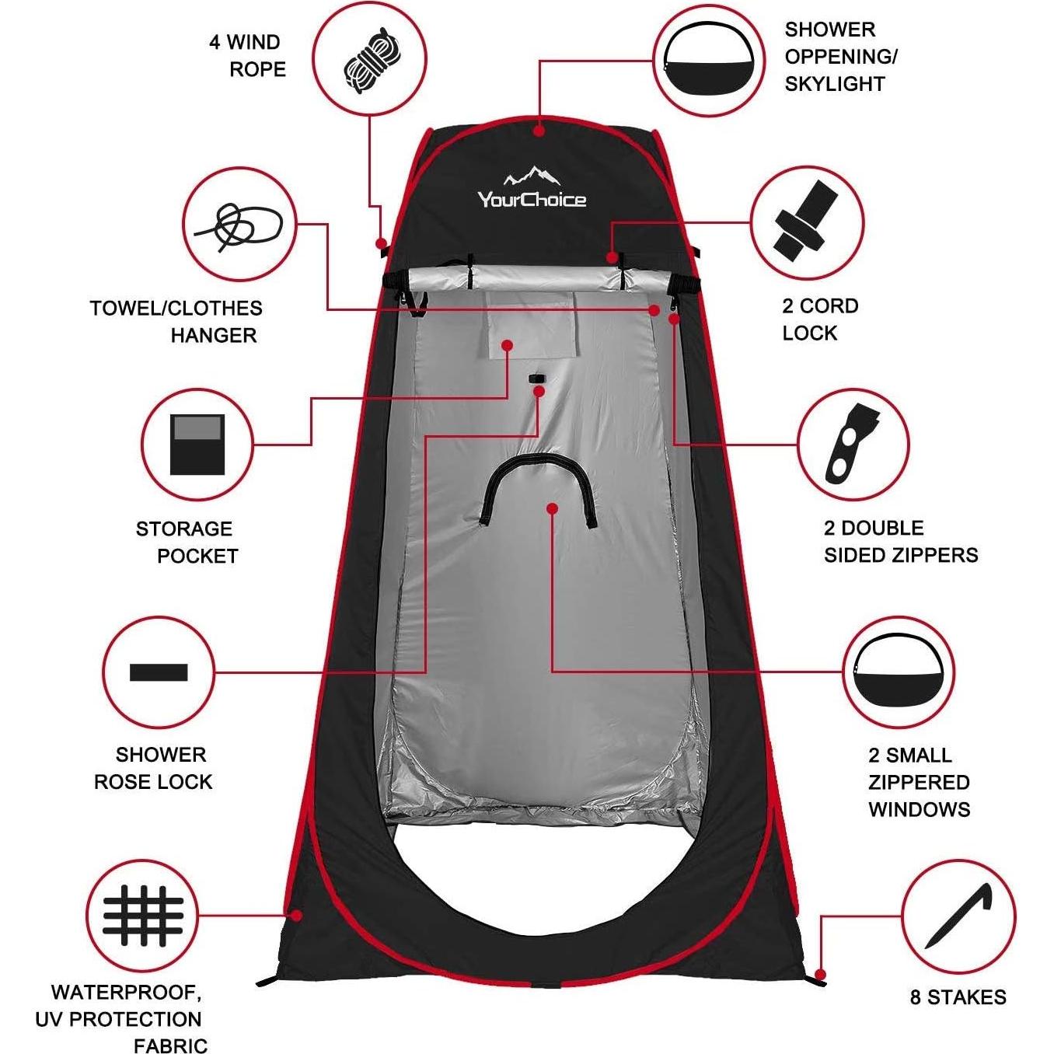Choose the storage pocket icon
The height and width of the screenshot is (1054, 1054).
[197, 445]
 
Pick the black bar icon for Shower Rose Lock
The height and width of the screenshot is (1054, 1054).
[159, 672]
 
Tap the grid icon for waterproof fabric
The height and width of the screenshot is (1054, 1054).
[143, 915]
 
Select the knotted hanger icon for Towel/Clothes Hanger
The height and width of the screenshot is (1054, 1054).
[238, 225]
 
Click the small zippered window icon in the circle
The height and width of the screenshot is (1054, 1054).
[899, 671]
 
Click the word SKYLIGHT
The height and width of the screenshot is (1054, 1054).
[835, 84]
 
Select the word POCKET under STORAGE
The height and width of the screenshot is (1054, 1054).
[197, 557]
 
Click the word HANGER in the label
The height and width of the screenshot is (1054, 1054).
[214, 336]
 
